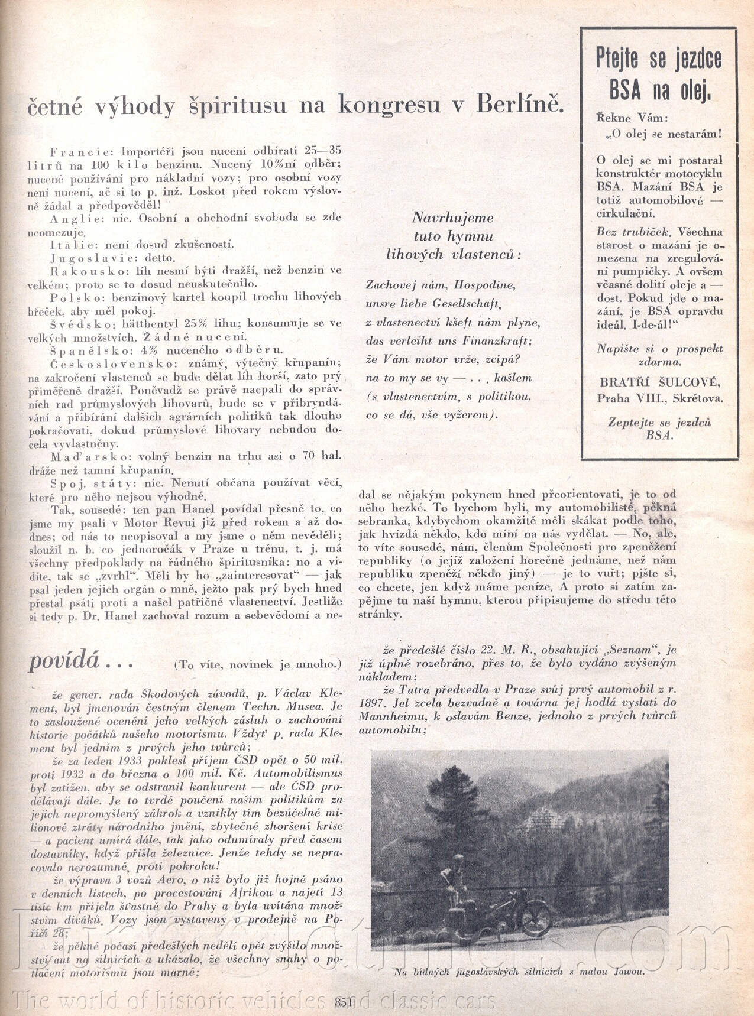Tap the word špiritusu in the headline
[234, 105]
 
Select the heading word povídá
[64, 661]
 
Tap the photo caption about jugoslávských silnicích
[519, 971]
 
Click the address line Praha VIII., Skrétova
[659, 398]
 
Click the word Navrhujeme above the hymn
[452, 218]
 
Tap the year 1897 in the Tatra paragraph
[374, 703]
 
